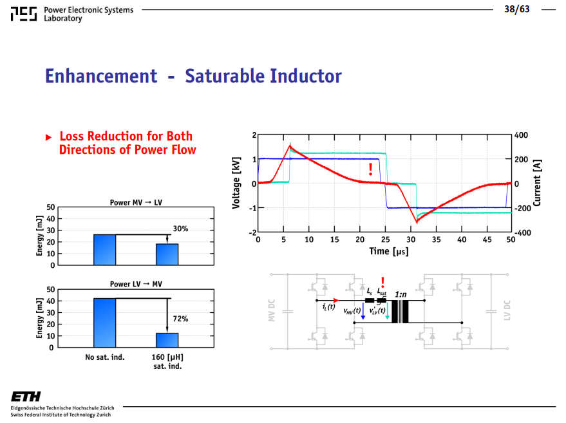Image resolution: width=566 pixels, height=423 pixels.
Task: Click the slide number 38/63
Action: tap(517, 9)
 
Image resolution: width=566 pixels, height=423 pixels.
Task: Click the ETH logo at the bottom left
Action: tap(26, 397)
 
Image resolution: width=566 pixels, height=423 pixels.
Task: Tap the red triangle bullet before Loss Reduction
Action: tap(49, 137)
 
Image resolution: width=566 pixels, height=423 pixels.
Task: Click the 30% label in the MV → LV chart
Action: tap(180, 229)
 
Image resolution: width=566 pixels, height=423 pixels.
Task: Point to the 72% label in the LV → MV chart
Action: tap(180, 319)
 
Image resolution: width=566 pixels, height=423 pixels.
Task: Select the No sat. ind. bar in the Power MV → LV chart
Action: tap(105, 250)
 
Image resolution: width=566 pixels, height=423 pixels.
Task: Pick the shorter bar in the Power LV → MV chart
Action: tap(167, 341)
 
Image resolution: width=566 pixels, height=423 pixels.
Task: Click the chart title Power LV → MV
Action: tap(136, 284)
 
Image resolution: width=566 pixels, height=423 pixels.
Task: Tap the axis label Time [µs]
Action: tap(389, 251)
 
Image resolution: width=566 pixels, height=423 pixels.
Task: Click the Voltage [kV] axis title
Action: tap(236, 183)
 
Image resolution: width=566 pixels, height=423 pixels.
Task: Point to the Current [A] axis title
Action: tap(537, 183)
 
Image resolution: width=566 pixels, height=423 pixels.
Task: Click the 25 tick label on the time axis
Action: tap(386, 240)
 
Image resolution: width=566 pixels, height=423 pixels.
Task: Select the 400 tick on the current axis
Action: tap(521, 135)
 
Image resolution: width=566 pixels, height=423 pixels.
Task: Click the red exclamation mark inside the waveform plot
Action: tap(370, 169)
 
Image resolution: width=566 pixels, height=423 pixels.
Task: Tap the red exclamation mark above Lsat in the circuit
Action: tap(382, 282)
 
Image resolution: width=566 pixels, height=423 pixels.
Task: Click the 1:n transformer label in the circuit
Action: tap(401, 294)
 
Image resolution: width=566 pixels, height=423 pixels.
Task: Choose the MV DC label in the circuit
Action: tap(272, 310)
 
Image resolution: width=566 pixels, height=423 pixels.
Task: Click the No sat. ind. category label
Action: tap(105, 357)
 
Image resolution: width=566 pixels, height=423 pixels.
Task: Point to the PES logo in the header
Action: tap(23, 14)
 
